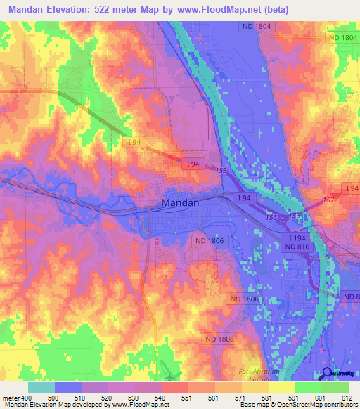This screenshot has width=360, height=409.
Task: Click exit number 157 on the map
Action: [328, 200]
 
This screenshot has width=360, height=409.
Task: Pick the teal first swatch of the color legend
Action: [41, 387]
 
